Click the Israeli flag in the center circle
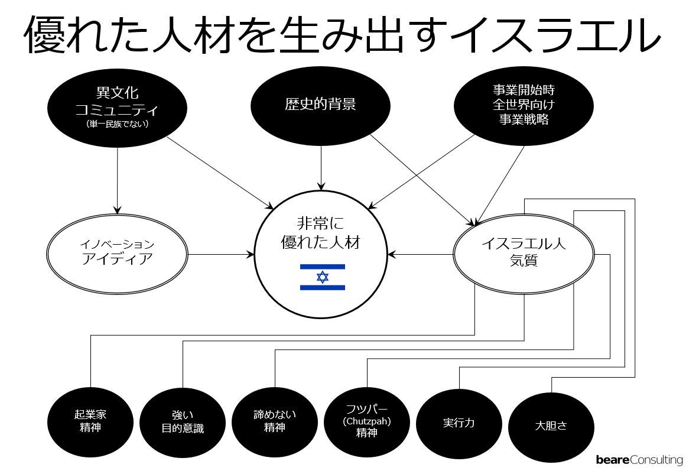pos(322,277)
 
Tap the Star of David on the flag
pos(322,277)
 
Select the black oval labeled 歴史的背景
pos(320,105)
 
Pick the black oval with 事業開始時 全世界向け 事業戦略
pos(524,105)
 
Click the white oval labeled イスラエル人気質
pos(524,254)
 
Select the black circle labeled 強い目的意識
pos(183,423)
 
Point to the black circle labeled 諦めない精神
pos(275,421)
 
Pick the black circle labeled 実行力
pos(459,423)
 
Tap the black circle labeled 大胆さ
pos(551,426)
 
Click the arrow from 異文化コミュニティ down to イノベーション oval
pos(117,180)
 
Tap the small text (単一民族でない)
pos(117,124)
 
